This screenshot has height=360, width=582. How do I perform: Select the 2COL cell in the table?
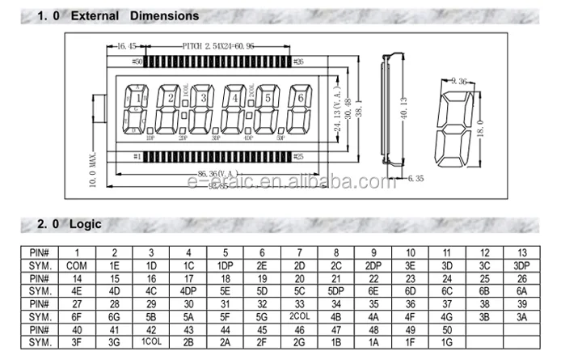click(x=301, y=316)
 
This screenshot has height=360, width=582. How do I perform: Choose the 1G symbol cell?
click(x=448, y=341)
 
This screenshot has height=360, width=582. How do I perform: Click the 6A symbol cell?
click(x=521, y=290)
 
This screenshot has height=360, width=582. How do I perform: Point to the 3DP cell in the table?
click(x=521, y=265)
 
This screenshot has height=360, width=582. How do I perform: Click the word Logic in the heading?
click(x=86, y=224)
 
